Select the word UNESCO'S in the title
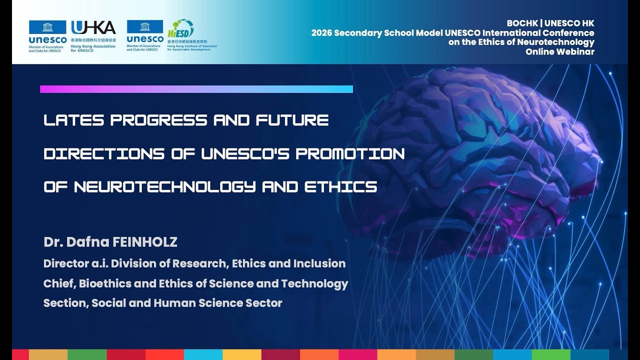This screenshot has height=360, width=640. [245, 153]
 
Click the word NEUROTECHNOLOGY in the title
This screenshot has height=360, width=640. [165, 187]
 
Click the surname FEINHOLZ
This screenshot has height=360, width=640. [145, 242]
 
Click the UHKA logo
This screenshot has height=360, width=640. [93, 28]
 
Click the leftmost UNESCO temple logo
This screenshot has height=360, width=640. [47, 27]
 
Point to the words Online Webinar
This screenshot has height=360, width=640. [559, 52]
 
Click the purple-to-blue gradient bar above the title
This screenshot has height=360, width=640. [196, 89]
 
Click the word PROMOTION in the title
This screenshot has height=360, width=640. [350, 153]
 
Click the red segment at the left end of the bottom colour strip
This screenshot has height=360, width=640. [20, 354]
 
